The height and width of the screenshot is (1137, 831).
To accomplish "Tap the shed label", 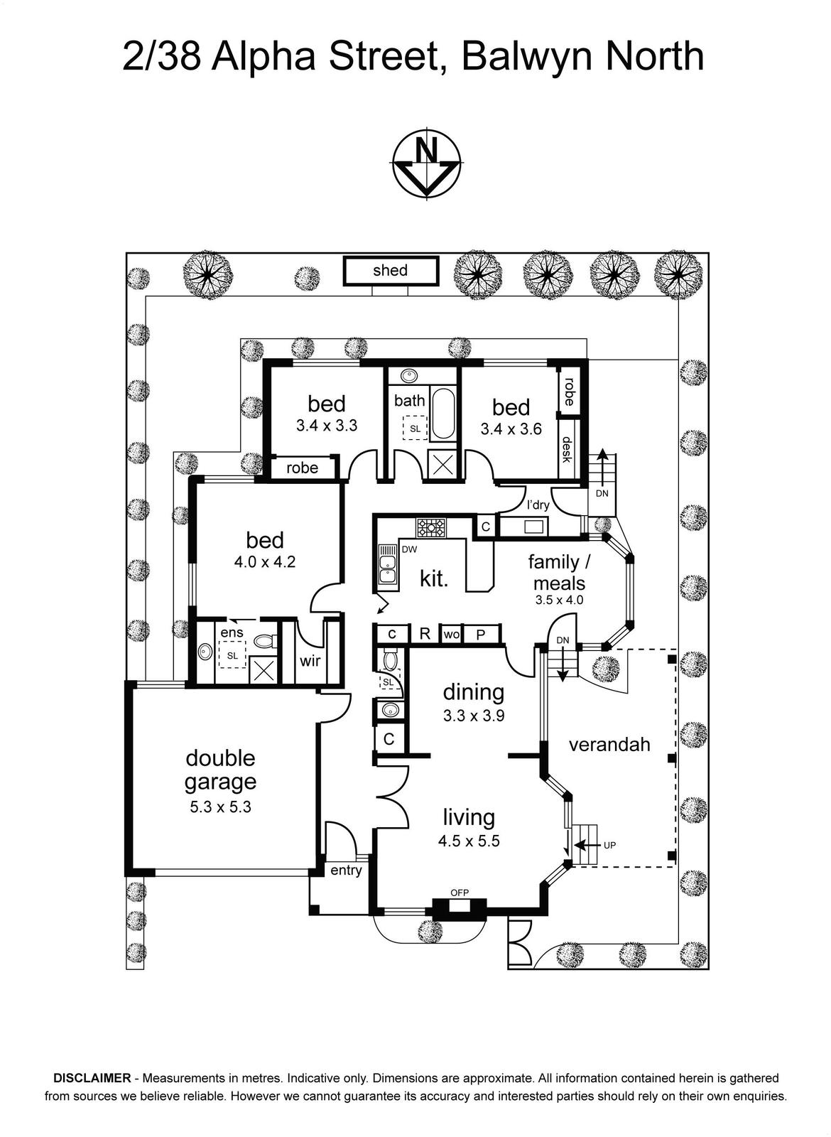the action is pyautogui.click(x=390, y=270).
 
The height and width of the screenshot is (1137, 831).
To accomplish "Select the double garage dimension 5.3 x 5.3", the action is pyautogui.click(x=220, y=807).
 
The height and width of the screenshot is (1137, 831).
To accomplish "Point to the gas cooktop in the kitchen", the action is pyautogui.click(x=431, y=527).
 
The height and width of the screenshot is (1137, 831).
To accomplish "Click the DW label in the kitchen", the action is pyautogui.click(x=409, y=549).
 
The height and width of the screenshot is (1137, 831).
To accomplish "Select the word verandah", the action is pyautogui.click(x=609, y=745).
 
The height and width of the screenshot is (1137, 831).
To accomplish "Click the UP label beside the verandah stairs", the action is pyautogui.click(x=609, y=846).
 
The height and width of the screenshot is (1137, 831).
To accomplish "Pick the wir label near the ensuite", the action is pyautogui.click(x=310, y=660).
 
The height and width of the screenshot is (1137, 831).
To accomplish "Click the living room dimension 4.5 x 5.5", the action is pyautogui.click(x=469, y=841).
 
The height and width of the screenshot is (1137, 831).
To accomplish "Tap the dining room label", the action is pyautogui.click(x=473, y=692).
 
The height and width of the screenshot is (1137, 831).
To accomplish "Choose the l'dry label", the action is pyautogui.click(x=538, y=505).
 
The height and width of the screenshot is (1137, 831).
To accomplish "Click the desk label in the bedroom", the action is pyautogui.click(x=567, y=450).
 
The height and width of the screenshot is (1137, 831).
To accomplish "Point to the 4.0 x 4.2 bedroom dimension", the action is pyautogui.click(x=264, y=562).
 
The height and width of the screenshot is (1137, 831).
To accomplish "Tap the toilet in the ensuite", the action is pyautogui.click(x=264, y=642).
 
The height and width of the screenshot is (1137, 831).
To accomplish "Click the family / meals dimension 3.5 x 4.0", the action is pyautogui.click(x=559, y=600).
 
